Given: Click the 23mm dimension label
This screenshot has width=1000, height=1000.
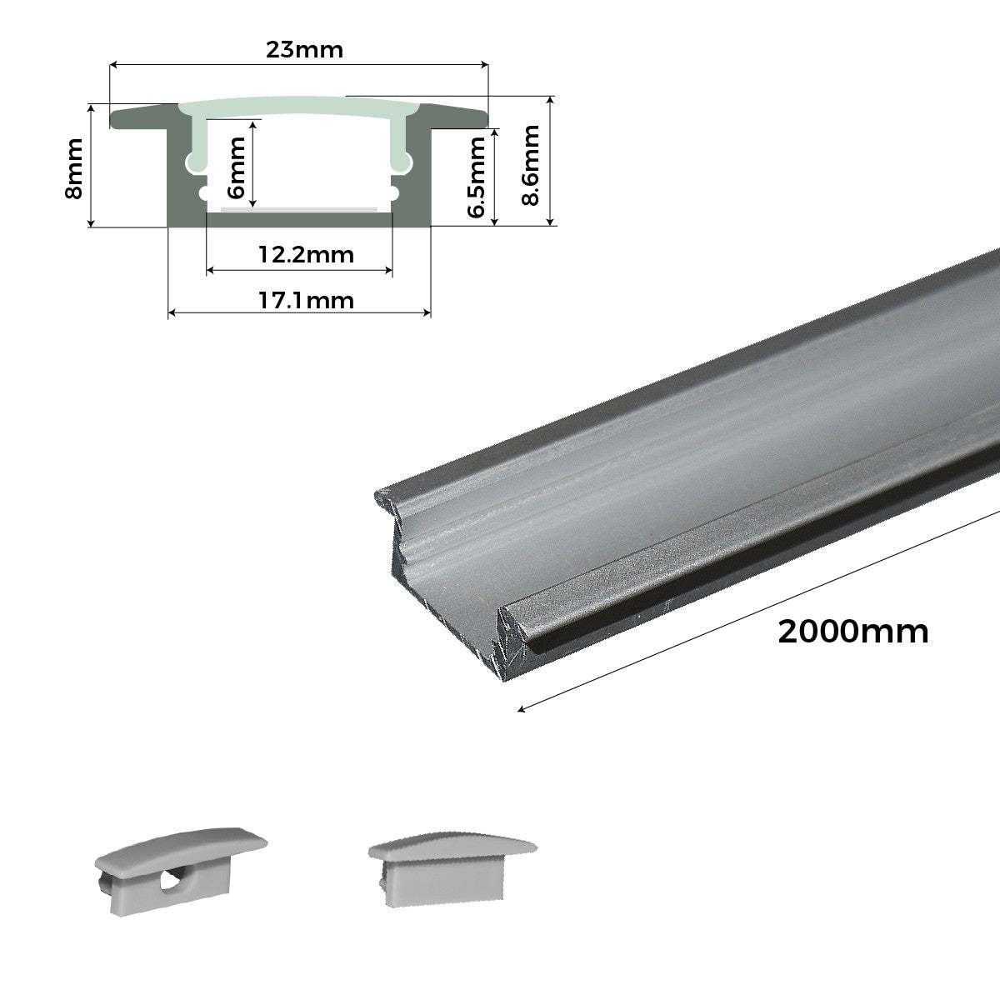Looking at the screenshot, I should click(x=304, y=50).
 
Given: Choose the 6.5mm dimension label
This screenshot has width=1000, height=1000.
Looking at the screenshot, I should click(x=477, y=177).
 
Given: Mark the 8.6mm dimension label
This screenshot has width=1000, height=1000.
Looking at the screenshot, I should click(x=530, y=165).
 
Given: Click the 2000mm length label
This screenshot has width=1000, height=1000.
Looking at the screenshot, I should click(x=852, y=632).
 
